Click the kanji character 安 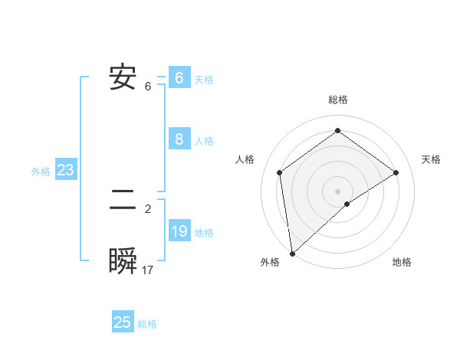pyautogui.click(x=123, y=77)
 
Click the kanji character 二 pyautogui.click(x=123, y=201)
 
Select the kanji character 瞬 pyautogui.click(x=123, y=261)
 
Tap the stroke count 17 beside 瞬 pyautogui.click(x=148, y=270)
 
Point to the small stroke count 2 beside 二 pyautogui.click(x=148, y=208)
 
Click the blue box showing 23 pyautogui.click(x=66, y=170)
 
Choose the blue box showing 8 pyautogui.click(x=179, y=139)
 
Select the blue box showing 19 pyautogui.click(x=179, y=231)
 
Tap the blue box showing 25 pyautogui.click(x=123, y=322)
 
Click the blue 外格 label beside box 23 pyautogui.click(x=41, y=172)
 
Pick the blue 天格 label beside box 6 pyautogui.click(x=204, y=80)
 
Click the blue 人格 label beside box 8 pyautogui.click(x=204, y=141)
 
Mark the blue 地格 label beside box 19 pyautogui.click(x=204, y=233)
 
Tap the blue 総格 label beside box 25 pyautogui.click(x=147, y=324)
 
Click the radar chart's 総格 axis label pyautogui.click(x=337, y=100)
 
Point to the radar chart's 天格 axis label pyautogui.click(x=432, y=159)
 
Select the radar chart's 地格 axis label pyautogui.click(x=402, y=263)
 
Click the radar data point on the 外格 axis pyautogui.click(x=292, y=253)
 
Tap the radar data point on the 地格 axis pyautogui.click(x=347, y=204)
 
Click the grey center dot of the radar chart pyautogui.click(x=337, y=191)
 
